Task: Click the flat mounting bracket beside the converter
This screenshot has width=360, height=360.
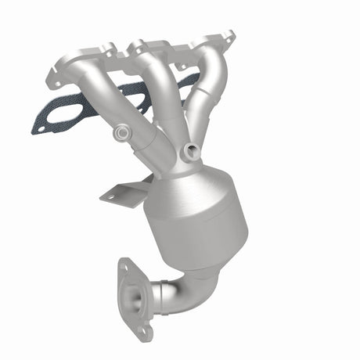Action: [x=125, y=192]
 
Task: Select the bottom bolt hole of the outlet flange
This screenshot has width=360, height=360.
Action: [x=142, y=331]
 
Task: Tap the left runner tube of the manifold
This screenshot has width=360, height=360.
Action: [x=98, y=97]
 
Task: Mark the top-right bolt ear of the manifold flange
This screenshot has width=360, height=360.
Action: [x=228, y=36]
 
